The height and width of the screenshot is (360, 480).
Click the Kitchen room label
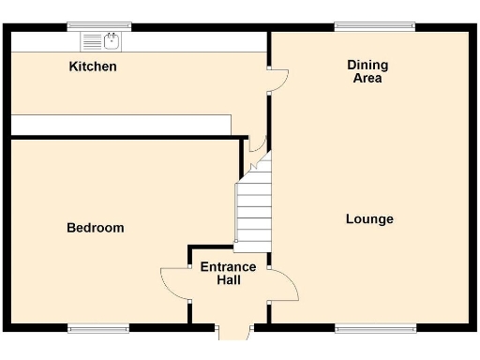(93, 67)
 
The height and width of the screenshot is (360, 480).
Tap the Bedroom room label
(95, 228)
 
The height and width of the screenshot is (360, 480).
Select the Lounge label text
(369, 219)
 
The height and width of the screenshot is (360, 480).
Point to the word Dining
(367, 65)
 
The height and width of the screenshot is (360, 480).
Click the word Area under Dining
(367, 79)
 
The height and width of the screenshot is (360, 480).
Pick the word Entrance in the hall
(228, 267)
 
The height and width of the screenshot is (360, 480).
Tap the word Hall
(229, 280)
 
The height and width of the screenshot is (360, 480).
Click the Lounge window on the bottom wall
(375, 327)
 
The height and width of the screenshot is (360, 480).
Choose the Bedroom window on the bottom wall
(98, 327)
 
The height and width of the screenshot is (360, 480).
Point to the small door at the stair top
(259, 147)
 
